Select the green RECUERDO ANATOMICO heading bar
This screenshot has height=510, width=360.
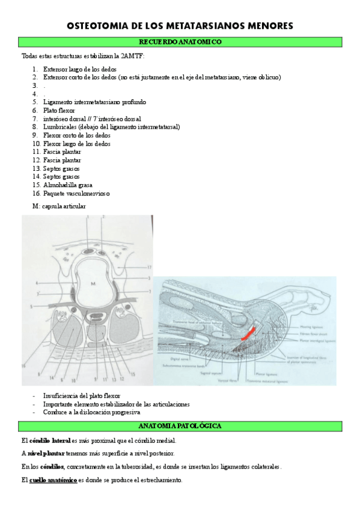click(x=180, y=42)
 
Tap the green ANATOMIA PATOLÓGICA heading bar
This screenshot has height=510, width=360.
click(x=180, y=426)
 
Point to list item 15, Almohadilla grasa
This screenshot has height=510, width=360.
click(x=67, y=185)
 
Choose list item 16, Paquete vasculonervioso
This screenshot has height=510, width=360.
click(x=76, y=194)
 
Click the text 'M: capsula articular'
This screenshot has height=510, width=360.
click(x=59, y=206)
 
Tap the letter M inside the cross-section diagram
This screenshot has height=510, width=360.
click(x=93, y=282)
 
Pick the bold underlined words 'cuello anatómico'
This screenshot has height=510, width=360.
click(x=53, y=481)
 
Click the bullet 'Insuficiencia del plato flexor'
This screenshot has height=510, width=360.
click(x=82, y=396)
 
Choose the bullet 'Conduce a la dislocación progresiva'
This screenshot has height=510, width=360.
click(x=91, y=413)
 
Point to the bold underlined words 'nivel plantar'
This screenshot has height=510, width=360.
click(x=46, y=454)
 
